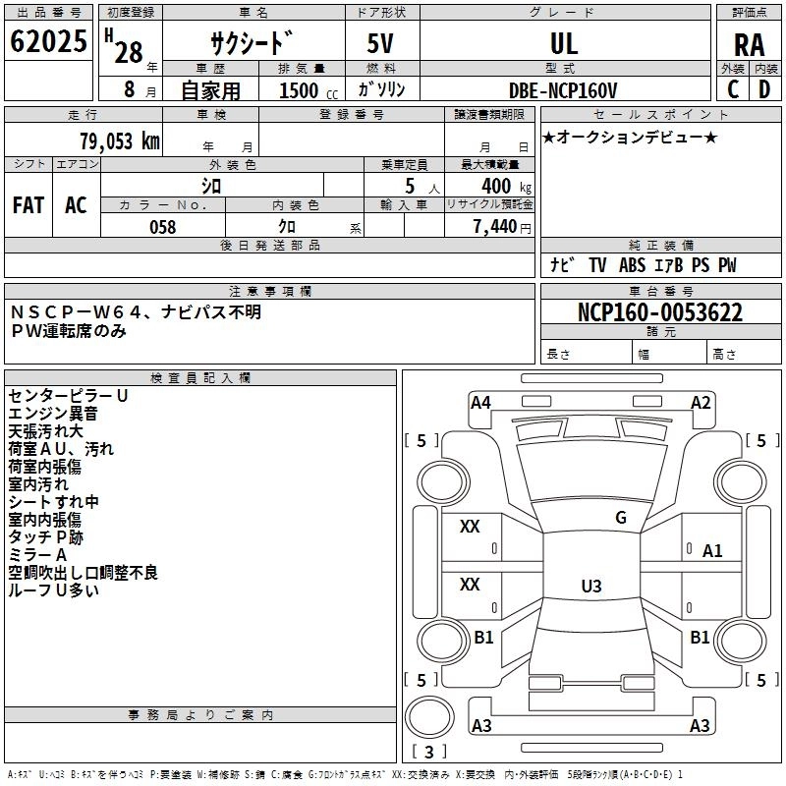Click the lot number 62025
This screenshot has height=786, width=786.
48,41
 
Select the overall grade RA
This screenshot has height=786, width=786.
749,45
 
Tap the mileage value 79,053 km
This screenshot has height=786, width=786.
120,141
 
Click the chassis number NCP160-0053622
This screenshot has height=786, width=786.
659,312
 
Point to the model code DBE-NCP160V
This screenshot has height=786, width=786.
562,90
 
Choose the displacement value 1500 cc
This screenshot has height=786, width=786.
309,90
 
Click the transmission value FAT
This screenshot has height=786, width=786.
28,205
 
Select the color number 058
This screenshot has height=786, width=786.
162,227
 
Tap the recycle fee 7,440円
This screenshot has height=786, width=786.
502,227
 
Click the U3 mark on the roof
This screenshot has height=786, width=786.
591,586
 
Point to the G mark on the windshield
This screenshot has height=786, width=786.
621,518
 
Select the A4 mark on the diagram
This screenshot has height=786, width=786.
480,403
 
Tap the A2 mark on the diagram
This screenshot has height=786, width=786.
701,403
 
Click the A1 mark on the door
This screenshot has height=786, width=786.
711,551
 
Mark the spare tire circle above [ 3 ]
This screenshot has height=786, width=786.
429,718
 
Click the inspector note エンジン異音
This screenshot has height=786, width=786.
53,414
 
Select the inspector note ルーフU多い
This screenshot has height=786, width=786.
53,590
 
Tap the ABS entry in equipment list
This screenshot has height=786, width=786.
632,265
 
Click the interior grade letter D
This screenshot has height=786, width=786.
764,89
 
